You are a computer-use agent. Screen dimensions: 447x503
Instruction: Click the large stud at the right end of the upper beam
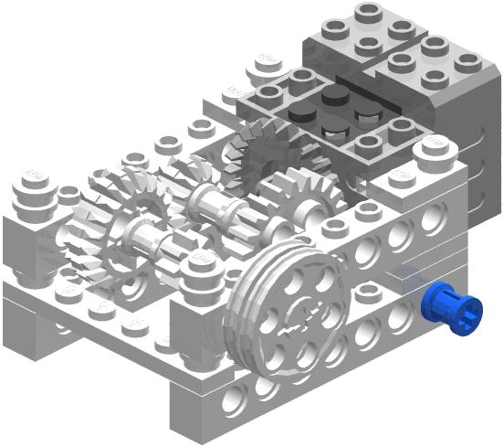[433, 148]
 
